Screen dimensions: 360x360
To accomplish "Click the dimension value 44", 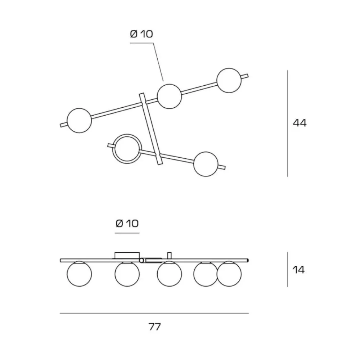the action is pyautogui.click(x=300, y=123).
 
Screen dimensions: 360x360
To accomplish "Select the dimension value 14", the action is pyautogui.click(x=298, y=270).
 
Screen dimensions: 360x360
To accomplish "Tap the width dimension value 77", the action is pyautogui.click(x=154, y=327).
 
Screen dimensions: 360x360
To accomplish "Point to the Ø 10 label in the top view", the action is pyautogui.click(x=141, y=34).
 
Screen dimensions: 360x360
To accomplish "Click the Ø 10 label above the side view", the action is pyautogui.click(x=127, y=224).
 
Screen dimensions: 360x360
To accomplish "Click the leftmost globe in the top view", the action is pyautogui.click(x=79, y=121).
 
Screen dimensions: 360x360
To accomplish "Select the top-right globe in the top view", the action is pyautogui.click(x=229, y=80).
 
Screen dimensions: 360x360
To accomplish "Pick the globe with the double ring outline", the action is pyautogui.click(x=127, y=149).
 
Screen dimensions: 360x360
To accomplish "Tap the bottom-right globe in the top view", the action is pyautogui.click(x=206, y=164).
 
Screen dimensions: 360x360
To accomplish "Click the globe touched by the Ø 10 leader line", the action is pyautogui.click(x=170, y=96).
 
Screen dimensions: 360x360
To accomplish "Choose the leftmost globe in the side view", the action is pyautogui.click(x=79, y=274).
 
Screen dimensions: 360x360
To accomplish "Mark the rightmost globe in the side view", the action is pyautogui.click(x=229, y=274).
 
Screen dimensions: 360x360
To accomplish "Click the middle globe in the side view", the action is pyautogui.click(x=170, y=274).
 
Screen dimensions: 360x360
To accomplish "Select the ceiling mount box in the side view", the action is pyautogui.click(x=127, y=256).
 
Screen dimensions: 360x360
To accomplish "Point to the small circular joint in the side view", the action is pyautogui.click(x=141, y=260).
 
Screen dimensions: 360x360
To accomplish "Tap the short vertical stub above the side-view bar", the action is pyautogui.click(x=170, y=256).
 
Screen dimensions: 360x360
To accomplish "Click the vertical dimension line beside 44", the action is pyautogui.click(x=287, y=123).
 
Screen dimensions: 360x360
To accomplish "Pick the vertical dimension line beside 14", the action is pyautogui.click(x=287, y=269).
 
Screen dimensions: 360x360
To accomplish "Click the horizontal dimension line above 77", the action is pyautogui.click(x=154, y=313).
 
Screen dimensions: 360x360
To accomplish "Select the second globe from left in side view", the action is pyautogui.click(x=127, y=274).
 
